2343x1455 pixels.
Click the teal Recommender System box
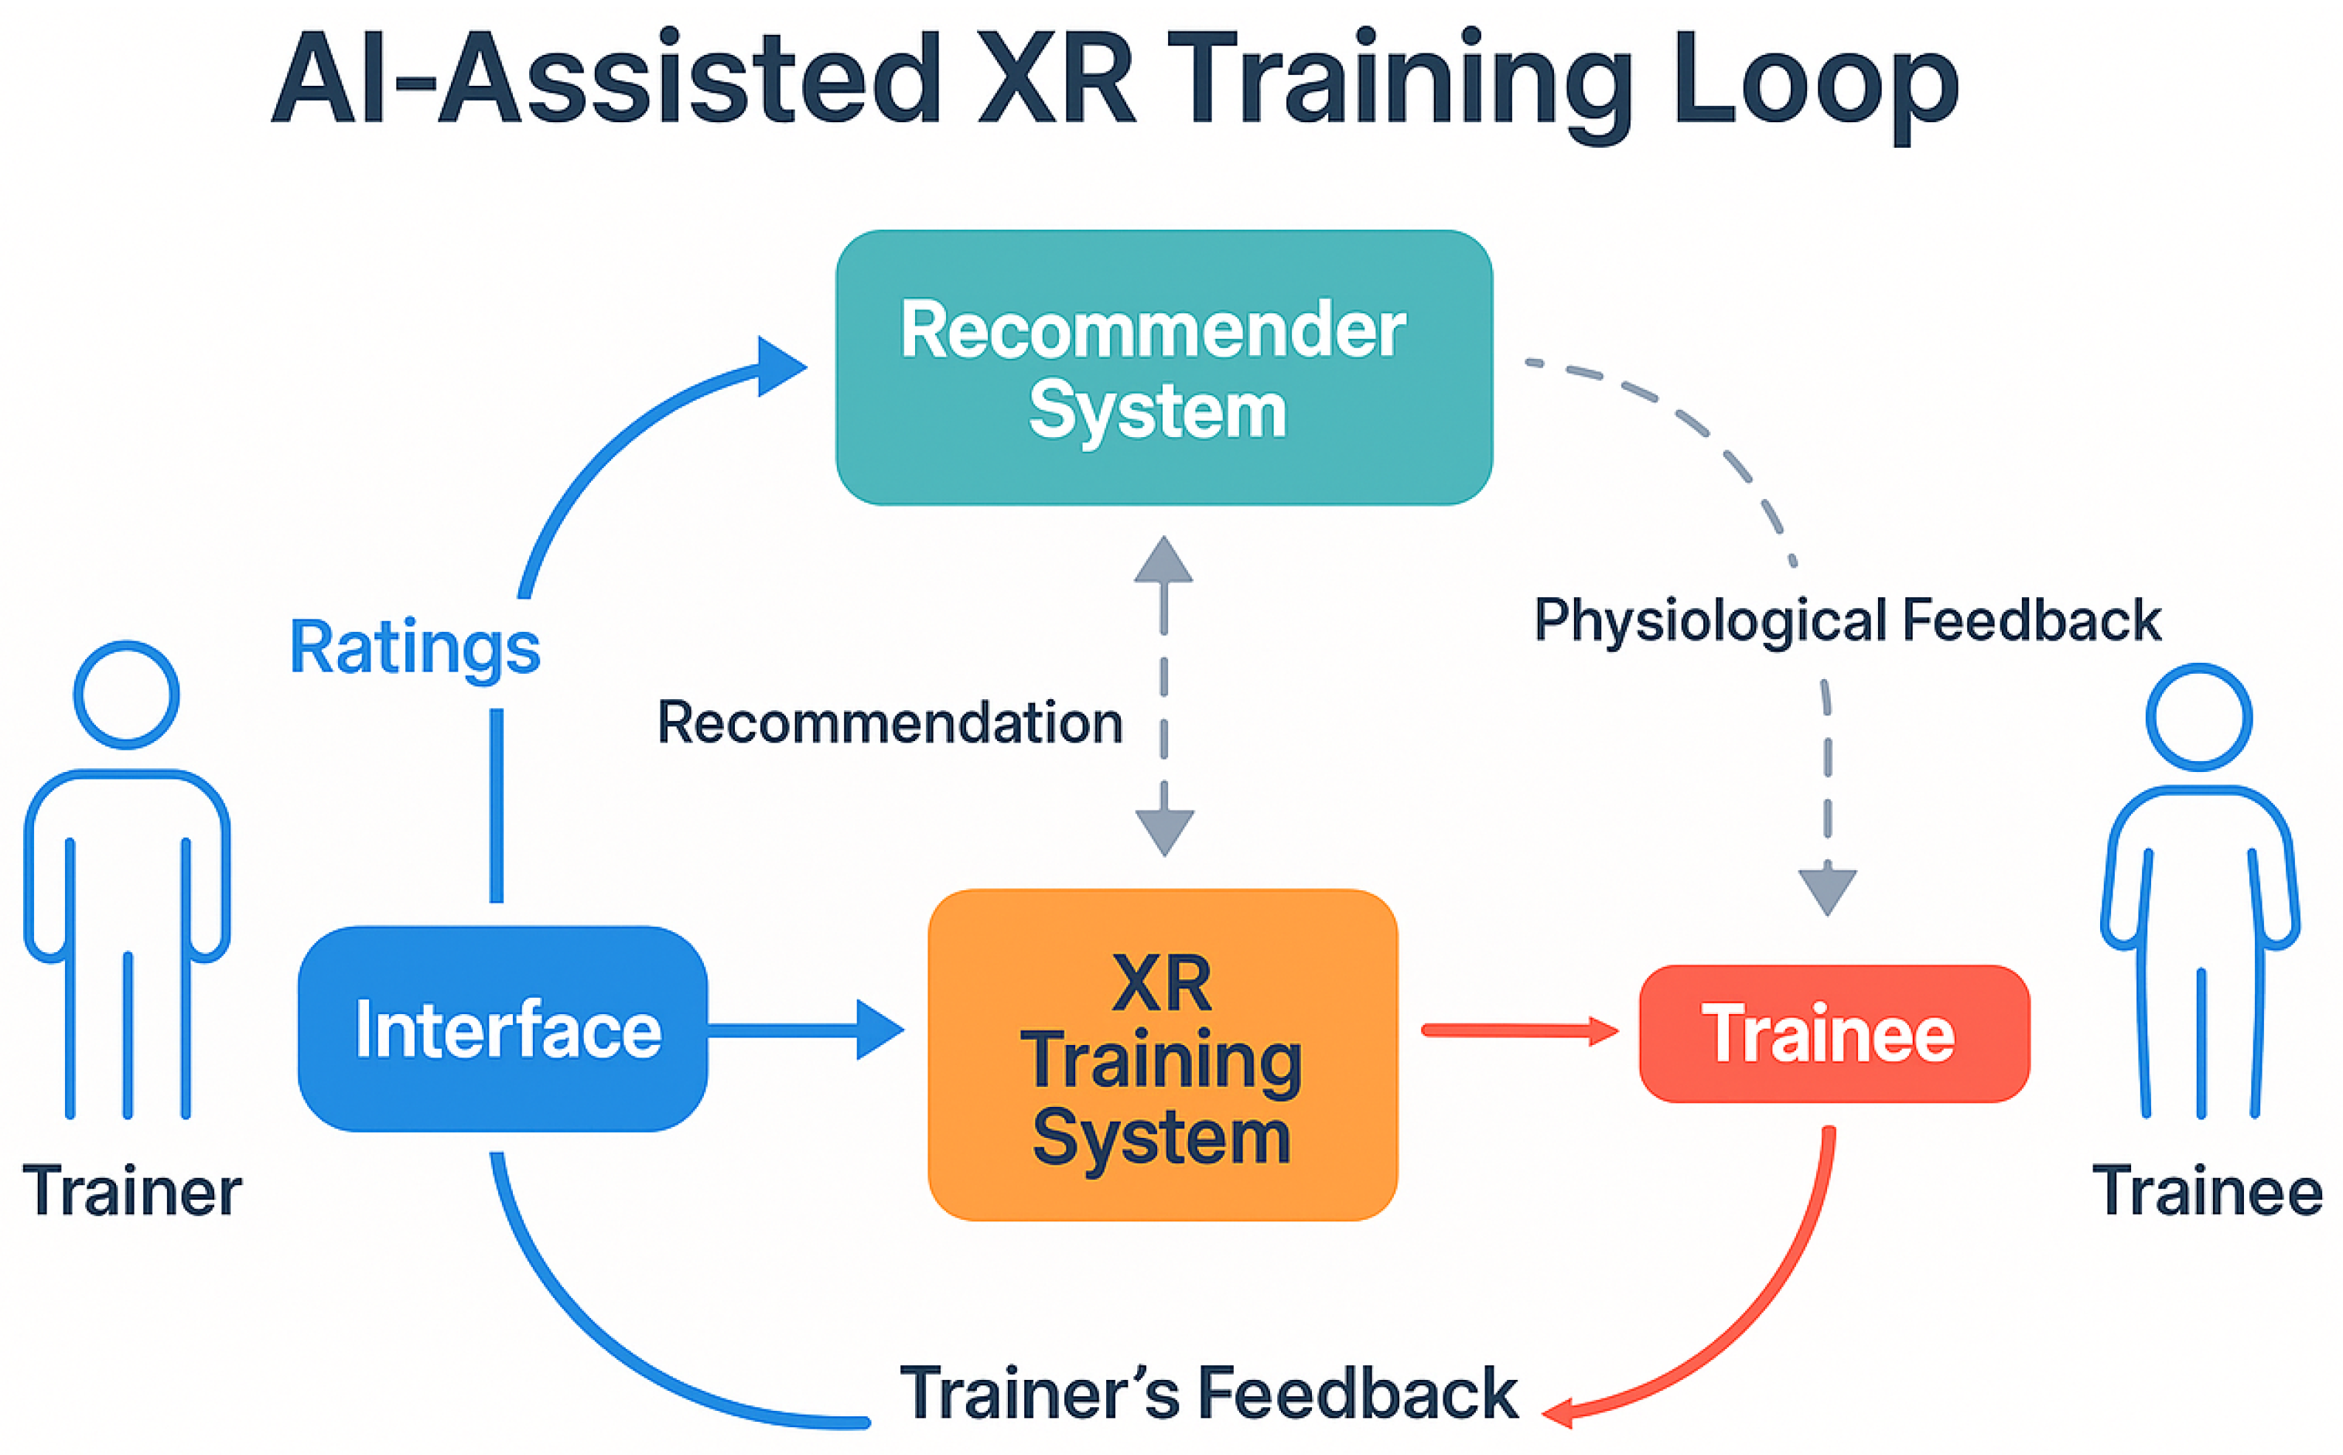(1163, 367)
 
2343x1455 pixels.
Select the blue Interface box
(504, 1028)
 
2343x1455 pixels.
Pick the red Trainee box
(1833, 1033)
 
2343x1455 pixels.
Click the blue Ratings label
(415, 647)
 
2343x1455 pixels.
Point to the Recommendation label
(890, 722)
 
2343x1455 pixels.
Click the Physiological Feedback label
(1847, 620)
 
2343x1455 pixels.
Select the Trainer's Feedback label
(1208, 1392)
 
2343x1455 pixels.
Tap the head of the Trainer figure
(126, 694)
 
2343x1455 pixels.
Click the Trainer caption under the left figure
(131, 1191)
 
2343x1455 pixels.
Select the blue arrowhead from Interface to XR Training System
(876, 1030)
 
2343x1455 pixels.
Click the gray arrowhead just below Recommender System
(1163, 561)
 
